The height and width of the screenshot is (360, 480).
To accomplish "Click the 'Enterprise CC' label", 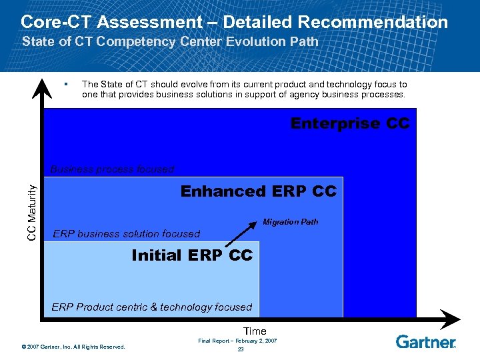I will (349, 124).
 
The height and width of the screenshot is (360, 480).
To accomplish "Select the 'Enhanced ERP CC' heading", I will (259, 192).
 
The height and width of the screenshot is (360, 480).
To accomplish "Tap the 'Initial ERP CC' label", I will (192, 255).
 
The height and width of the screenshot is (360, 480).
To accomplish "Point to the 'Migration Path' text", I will (290, 222).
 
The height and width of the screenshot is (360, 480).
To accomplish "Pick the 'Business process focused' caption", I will (112, 169).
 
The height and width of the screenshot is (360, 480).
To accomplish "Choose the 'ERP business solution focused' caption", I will (126, 234).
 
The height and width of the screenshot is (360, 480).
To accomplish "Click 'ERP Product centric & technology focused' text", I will (151, 307).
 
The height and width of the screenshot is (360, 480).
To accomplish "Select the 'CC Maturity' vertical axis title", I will (31, 213).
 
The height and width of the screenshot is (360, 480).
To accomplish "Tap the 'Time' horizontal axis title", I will (255, 331).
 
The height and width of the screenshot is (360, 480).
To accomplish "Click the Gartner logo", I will (425, 342).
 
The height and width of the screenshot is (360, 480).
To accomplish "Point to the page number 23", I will (241, 350).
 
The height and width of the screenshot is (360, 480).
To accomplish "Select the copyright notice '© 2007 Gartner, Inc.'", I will (73, 347).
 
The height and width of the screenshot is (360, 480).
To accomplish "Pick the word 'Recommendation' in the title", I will (373, 22).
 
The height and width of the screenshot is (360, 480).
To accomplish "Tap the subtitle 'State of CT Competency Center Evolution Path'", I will (170, 41).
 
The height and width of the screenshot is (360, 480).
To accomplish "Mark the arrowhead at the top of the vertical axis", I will (42, 85).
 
